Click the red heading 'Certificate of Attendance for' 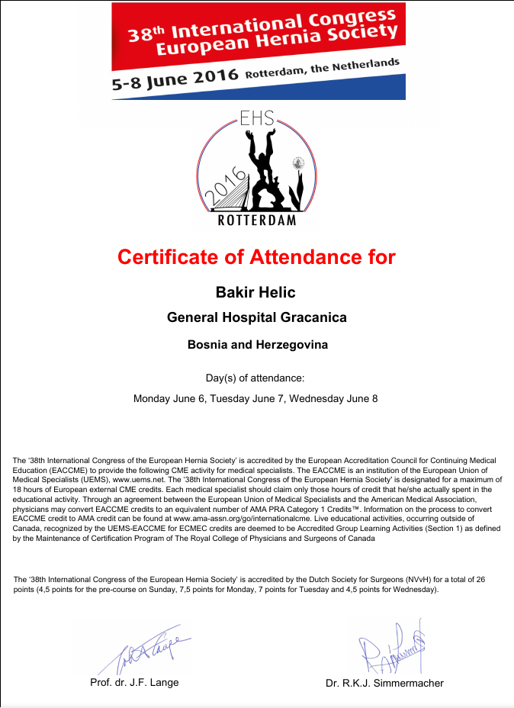(x=256, y=257)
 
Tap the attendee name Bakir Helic (x=256, y=292)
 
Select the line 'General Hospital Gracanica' (x=257, y=318)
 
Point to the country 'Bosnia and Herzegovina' (x=257, y=345)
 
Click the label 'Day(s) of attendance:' (x=255, y=378)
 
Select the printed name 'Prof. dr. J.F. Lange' (x=134, y=682)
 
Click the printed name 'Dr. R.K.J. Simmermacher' (x=384, y=683)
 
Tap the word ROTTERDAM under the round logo (x=257, y=221)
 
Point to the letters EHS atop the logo (x=257, y=119)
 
